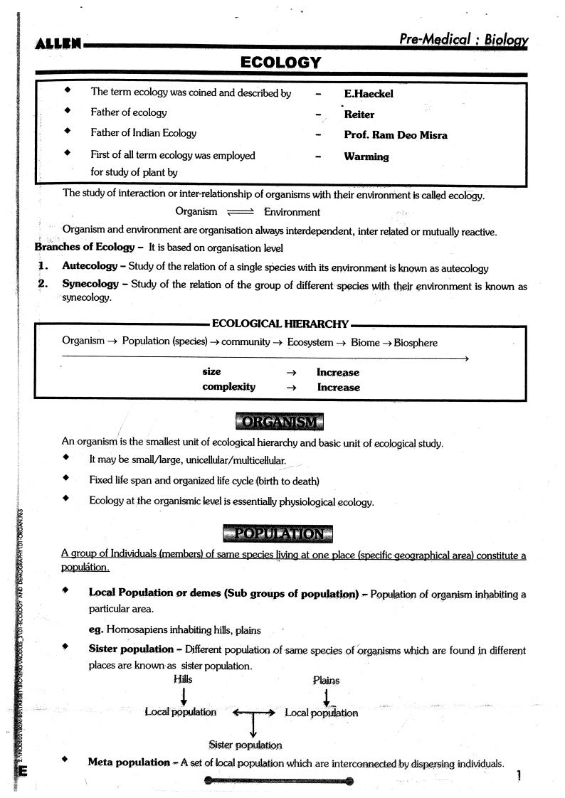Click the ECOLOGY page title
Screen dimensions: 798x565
(x=281, y=63)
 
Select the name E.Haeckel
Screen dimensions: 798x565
(x=368, y=94)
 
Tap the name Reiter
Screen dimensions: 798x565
(x=359, y=115)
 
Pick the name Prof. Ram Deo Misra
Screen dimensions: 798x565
(x=396, y=135)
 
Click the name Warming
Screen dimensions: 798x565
(x=366, y=156)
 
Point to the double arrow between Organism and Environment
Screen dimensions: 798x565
(x=240, y=212)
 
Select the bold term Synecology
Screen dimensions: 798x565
(x=90, y=284)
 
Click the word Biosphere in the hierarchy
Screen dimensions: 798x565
(x=416, y=343)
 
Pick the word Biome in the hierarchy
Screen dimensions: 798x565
(x=365, y=343)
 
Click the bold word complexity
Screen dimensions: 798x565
(x=228, y=387)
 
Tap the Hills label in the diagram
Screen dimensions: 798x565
(x=183, y=679)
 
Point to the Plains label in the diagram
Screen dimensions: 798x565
(x=326, y=680)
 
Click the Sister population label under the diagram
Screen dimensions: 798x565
(x=245, y=745)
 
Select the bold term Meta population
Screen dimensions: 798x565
(x=129, y=762)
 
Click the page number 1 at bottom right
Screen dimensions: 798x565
(x=520, y=776)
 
